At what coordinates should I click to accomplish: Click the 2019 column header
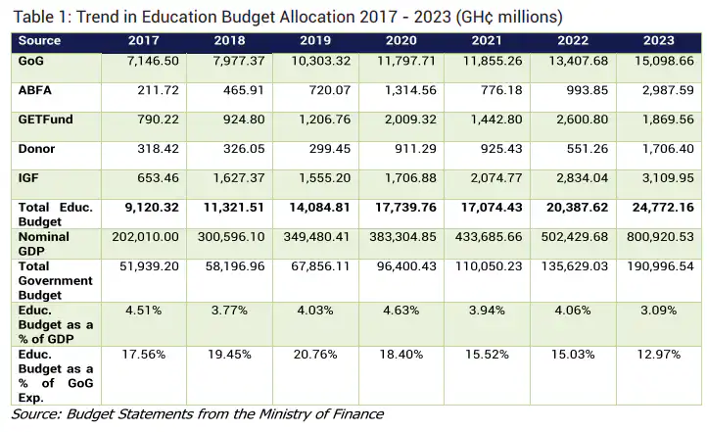pyautogui.click(x=315, y=40)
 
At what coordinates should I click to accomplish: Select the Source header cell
pyautogui.click(x=39, y=40)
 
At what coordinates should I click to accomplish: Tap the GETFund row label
pyautogui.click(x=42, y=120)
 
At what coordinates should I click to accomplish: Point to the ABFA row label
pyautogui.click(x=35, y=90)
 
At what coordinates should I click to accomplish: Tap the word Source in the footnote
pyautogui.click(x=34, y=414)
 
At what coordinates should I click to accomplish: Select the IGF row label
pyautogui.click(x=29, y=178)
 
